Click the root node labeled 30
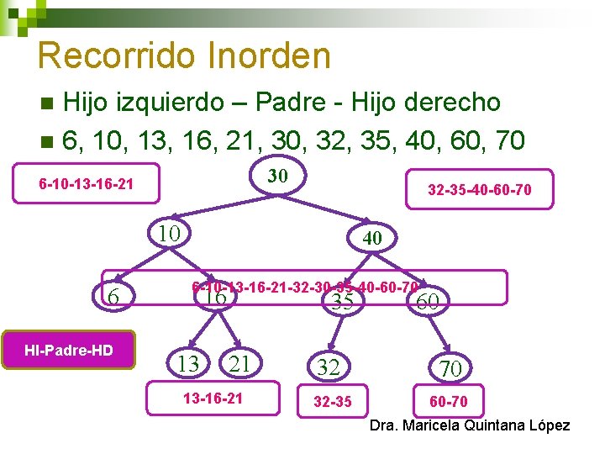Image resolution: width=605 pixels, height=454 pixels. [278, 176]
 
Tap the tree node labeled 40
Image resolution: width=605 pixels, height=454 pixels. [372, 239]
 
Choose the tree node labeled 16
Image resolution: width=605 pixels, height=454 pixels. [215, 297]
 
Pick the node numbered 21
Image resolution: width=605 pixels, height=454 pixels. [240, 363]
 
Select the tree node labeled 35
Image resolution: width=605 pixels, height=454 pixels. [342, 302]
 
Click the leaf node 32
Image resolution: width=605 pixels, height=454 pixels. [329, 366]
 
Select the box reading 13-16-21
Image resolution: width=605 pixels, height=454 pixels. [213, 398]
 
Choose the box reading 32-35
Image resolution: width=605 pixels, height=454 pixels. [333, 401]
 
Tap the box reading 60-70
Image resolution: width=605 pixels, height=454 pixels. [449, 401]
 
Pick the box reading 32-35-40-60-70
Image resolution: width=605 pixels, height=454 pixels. [479, 190]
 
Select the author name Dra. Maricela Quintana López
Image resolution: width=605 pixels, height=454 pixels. [470, 425]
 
